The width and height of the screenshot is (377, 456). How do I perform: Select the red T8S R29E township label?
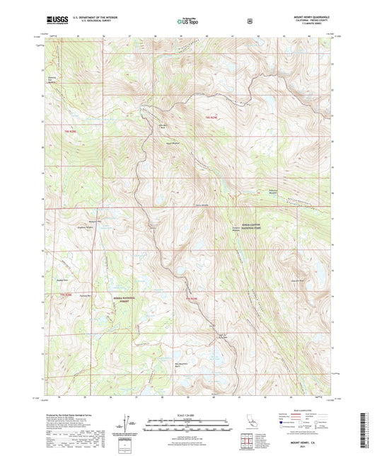click(210, 116)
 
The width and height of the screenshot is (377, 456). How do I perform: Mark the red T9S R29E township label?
click(192, 300)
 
